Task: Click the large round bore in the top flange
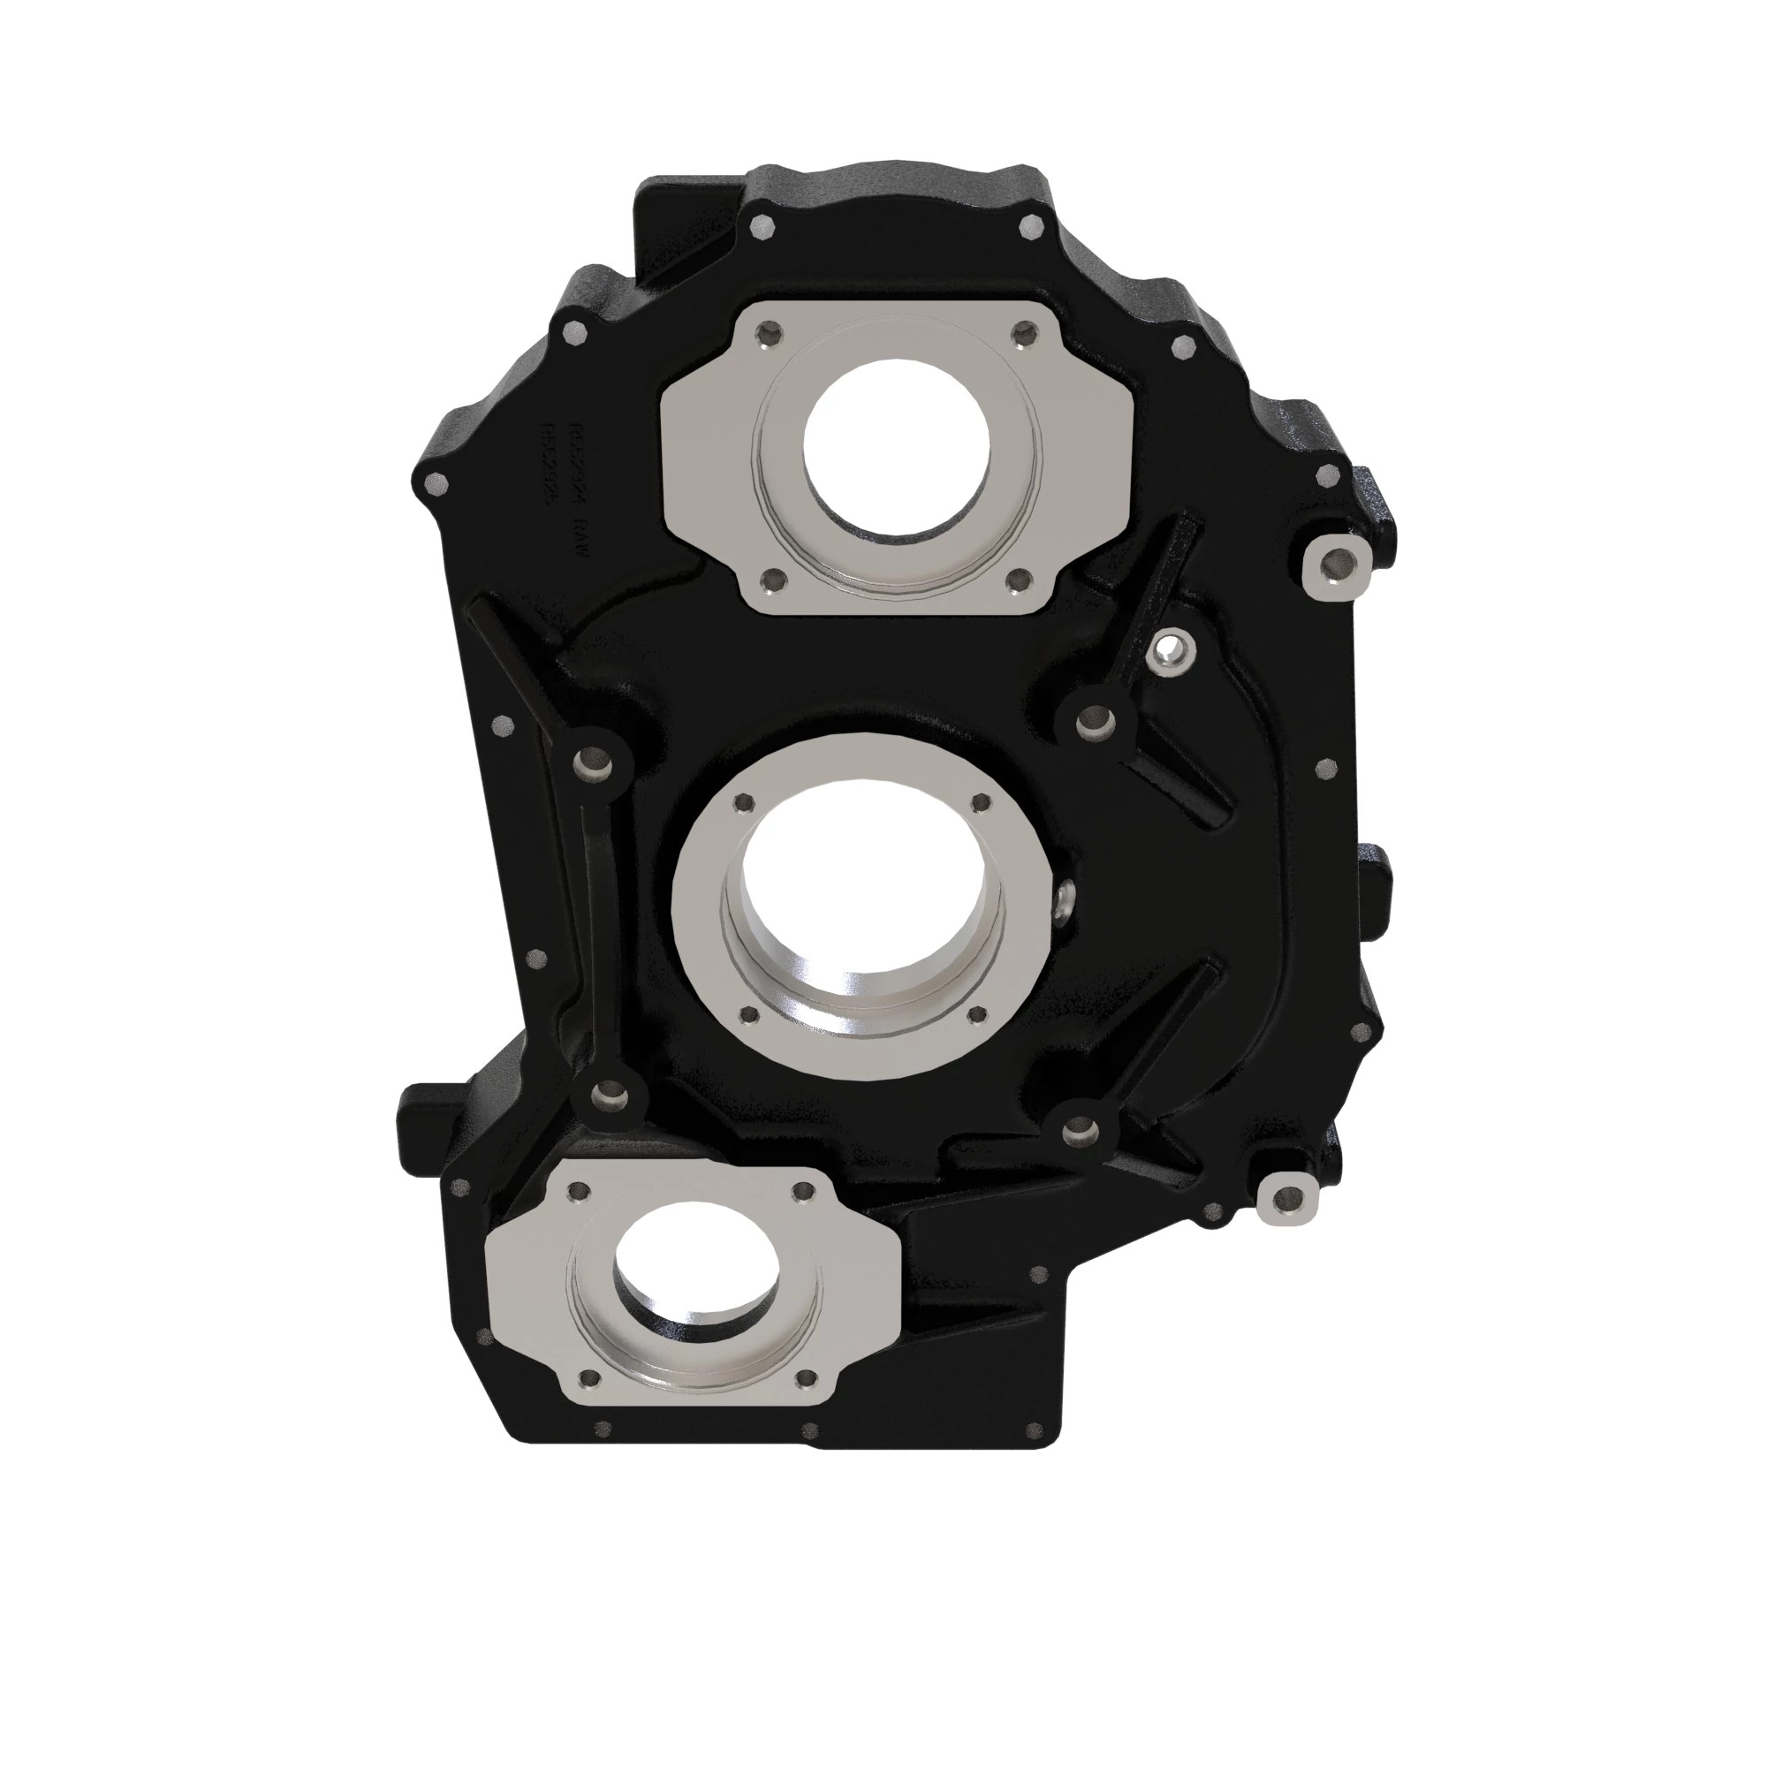click(895, 445)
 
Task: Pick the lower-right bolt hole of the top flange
click(1017, 579)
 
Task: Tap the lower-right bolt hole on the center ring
click(976, 1013)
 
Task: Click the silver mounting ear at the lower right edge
click(1289, 1197)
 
